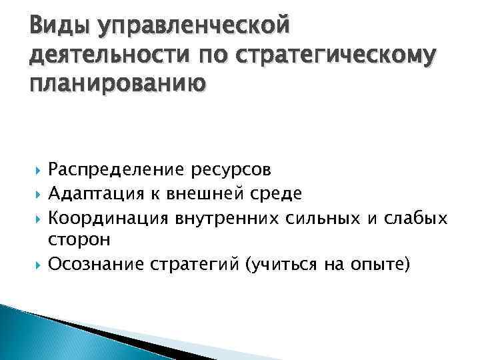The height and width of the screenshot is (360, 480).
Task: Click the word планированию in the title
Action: [x=117, y=85]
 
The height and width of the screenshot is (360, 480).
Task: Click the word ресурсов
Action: [x=224, y=170]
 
